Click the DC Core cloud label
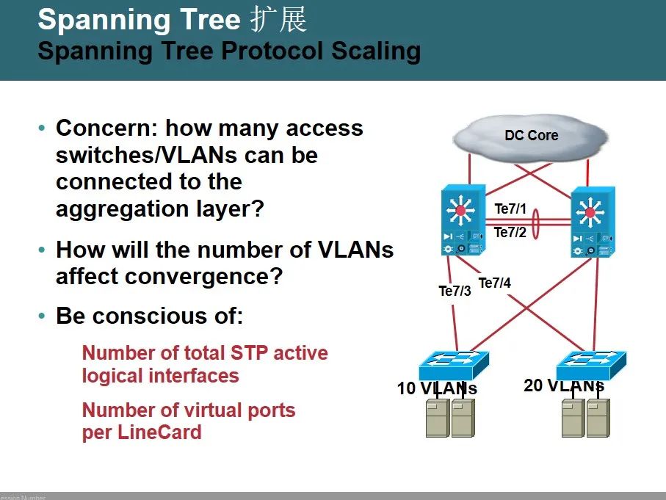tap(531, 136)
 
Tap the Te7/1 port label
tap(510, 209)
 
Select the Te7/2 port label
tap(510, 233)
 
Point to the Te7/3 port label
tap(455, 291)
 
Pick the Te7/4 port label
tap(494, 283)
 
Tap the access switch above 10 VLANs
tap(453, 363)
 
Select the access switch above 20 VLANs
tap(591, 363)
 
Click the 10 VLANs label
tap(437, 388)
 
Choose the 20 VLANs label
tap(563, 385)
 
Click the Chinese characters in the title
tap(278, 20)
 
